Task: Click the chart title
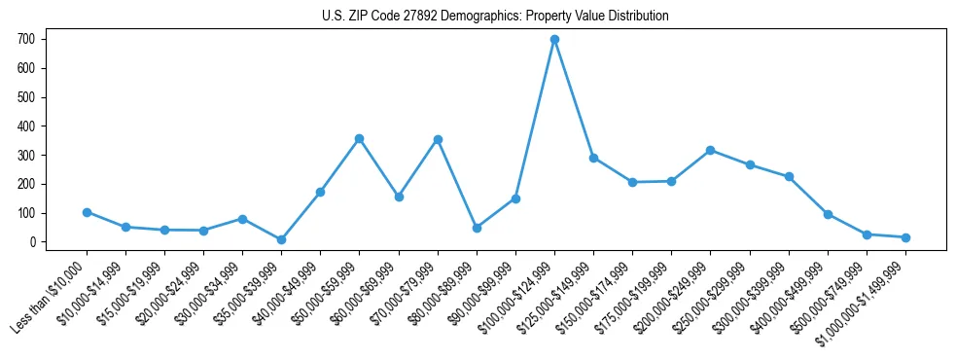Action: (495, 17)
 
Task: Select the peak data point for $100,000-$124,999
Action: (554, 40)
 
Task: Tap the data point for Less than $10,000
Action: (87, 212)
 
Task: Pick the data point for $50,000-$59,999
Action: (359, 139)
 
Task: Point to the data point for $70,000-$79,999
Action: (438, 139)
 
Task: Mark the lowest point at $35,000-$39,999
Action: (281, 239)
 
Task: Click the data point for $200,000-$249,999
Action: (710, 150)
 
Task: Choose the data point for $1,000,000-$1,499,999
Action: (905, 237)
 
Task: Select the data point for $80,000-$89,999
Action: (477, 228)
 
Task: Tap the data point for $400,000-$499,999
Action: (828, 214)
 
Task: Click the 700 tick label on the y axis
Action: (26, 40)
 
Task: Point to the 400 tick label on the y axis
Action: (26, 126)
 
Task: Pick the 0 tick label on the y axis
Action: (33, 242)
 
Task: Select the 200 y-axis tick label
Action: (26, 184)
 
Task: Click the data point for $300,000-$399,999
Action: (789, 177)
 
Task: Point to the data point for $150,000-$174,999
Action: (632, 182)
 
